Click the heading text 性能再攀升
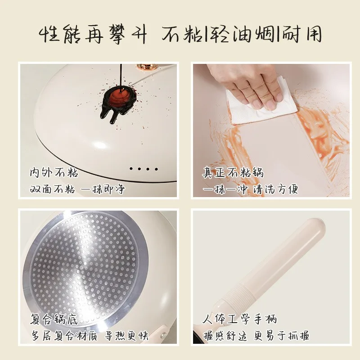pyautogui.click(x=93, y=35)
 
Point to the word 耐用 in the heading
pyautogui.click(x=301, y=35)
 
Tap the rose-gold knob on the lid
pyautogui.click(x=147, y=67)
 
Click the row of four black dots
pyautogui.click(x=144, y=169)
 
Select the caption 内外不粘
pyautogui.click(x=54, y=173)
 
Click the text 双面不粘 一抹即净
pyautogui.click(x=77, y=189)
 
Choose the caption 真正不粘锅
pyautogui.click(x=233, y=173)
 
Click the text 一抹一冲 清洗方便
pyautogui.click(x=250, y=189)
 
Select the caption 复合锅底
pyautogui.click(x=54, y=319)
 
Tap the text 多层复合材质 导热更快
pyautogui.click(x=90, y=336)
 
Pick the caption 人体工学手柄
pyautogui.click(x=240, y=319)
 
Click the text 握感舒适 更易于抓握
pyautogui.click(x=256, y=336)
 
